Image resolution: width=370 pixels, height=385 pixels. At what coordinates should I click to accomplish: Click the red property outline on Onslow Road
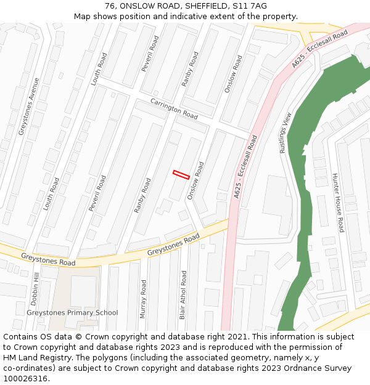[x=181, y=175]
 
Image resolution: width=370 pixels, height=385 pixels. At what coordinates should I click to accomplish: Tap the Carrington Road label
[x=174, y=108]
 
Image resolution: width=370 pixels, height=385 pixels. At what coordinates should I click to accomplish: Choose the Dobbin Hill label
[x=35, y=290]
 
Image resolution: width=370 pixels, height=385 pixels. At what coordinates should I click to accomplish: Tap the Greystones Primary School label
[x=72, y=312]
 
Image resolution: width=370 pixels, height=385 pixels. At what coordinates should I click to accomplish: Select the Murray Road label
[x=144, y=299]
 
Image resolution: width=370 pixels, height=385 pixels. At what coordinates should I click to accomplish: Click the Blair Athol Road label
[x=183, y=294]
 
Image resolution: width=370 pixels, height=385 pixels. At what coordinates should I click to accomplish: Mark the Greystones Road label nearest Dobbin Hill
[x=48, y=259]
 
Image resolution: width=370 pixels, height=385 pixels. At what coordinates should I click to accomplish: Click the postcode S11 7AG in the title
[x=252, y=6]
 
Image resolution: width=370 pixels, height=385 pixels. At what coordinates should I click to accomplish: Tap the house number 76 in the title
[x=109, y=6]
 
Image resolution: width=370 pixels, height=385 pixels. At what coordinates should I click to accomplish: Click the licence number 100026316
[x=26, y=378]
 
